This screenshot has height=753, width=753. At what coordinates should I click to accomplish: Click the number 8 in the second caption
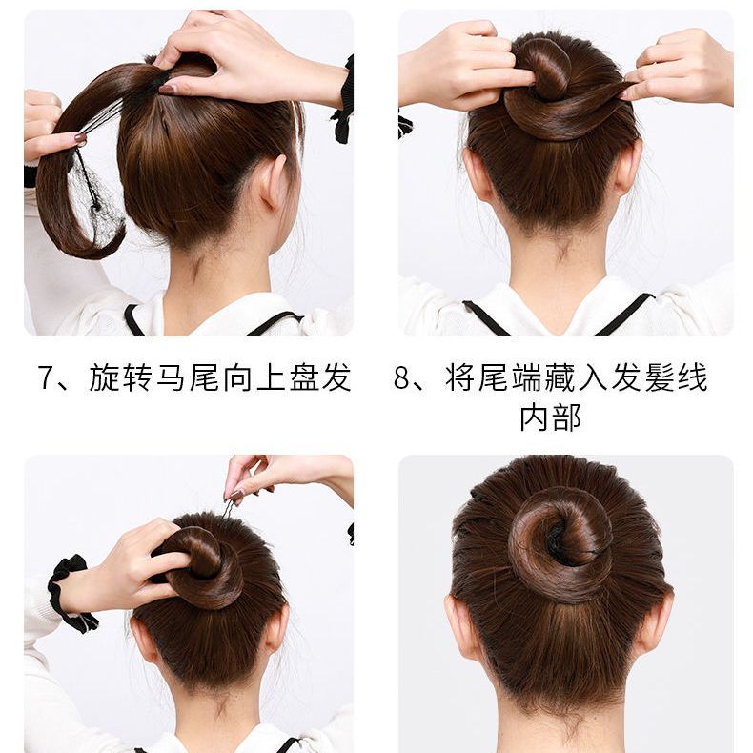pyautogui.click(x=401, y=377)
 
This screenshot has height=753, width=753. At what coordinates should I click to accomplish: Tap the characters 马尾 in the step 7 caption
pyautogui.click(x=173, y=377)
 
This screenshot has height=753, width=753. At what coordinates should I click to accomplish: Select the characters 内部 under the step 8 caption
pyautogui.click(x=550, y=417)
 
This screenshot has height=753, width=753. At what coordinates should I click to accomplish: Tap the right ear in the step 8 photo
pyautogui.click(x=629, y=166)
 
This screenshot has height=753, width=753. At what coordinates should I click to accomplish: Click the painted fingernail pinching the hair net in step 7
pyautogui.click(x=81, y=138)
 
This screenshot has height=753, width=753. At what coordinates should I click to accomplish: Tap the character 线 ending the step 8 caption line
pyautogui.click(x=694, y=377)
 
